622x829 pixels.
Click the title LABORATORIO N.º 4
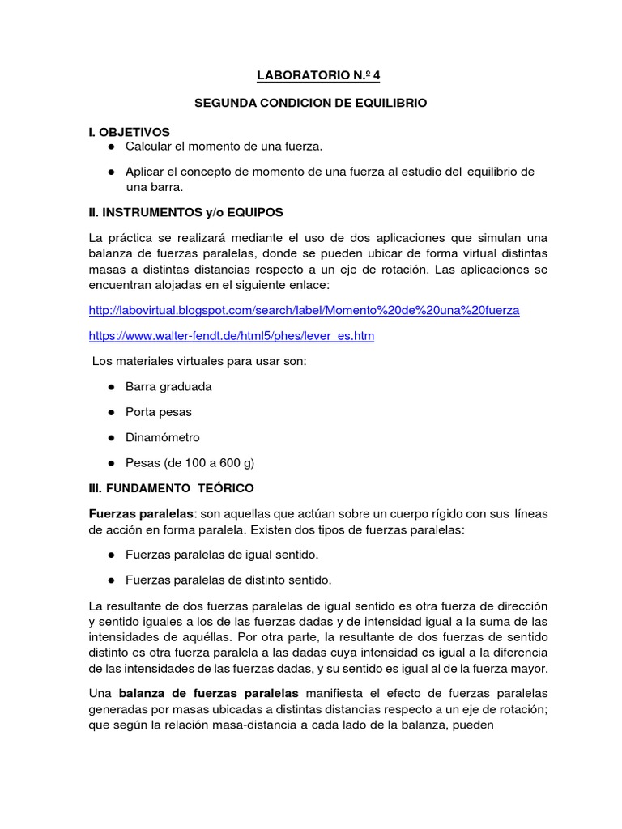tap(317, 76)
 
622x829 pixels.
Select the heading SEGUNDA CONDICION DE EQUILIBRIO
tap(311, 104)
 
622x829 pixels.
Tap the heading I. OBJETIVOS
tap(130, 131)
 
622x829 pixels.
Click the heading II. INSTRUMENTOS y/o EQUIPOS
tap(185, 212)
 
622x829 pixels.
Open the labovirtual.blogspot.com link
tap(304, 310)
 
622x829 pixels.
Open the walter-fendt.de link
tap(231, 335)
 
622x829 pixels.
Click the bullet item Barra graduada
tap(168, 386)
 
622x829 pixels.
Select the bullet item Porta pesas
tap(159, 412)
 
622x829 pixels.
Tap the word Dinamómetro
tap(162, 437)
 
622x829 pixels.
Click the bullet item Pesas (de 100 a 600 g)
tap(190, 463)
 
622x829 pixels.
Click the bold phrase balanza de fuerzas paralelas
tap(209, 693)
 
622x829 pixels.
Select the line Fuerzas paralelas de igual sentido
tap(222, 555)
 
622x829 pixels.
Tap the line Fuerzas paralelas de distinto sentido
tap(228, 580)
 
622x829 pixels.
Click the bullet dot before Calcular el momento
tap(109, 146)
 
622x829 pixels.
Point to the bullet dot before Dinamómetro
tap(109, 438)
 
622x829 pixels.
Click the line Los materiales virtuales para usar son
tap(198, 361)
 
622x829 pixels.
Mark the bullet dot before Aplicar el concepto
tap(109, 172)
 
